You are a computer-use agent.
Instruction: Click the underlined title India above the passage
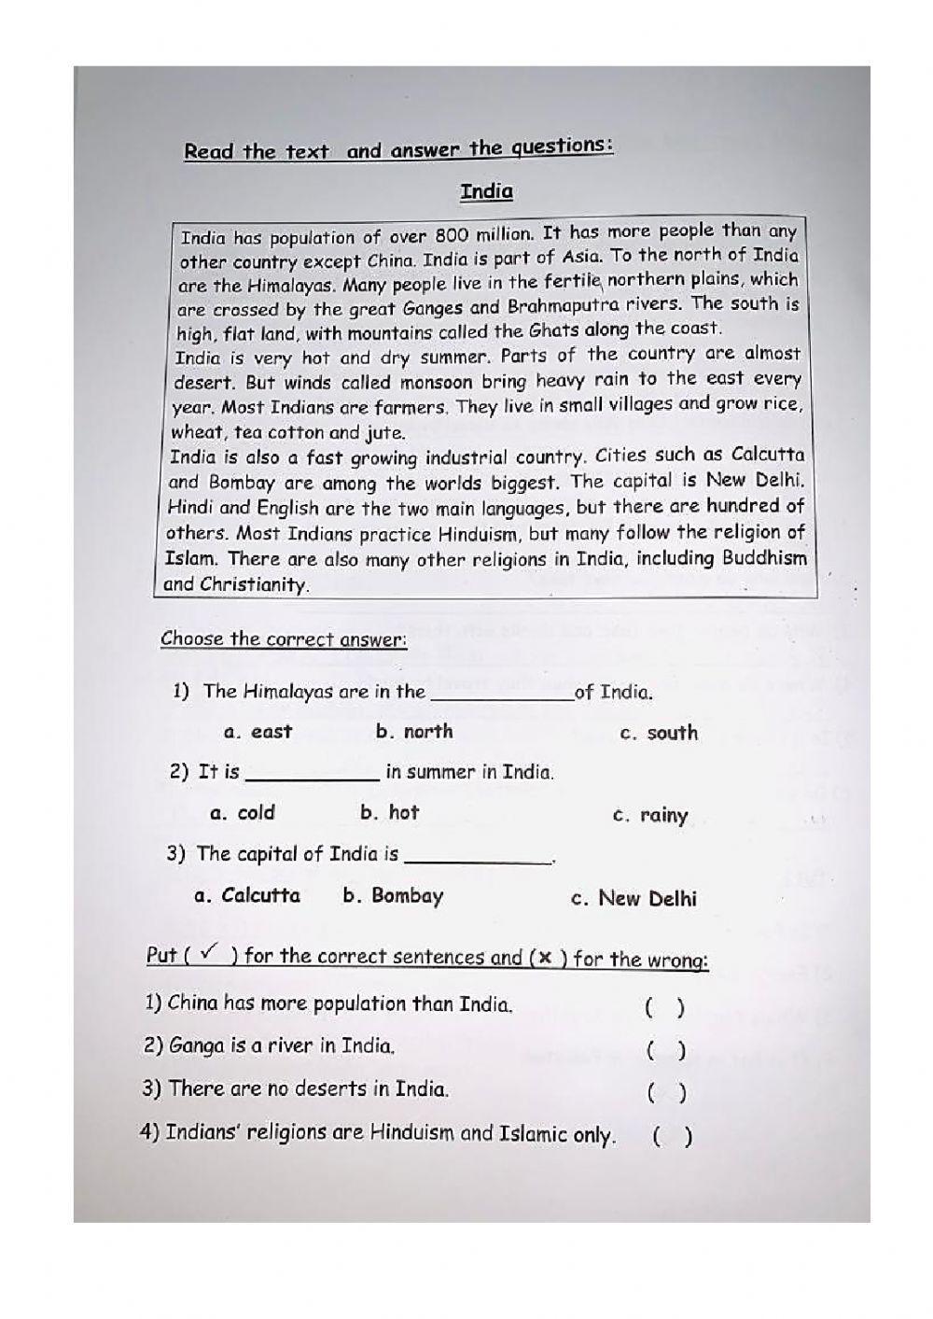point(486,191)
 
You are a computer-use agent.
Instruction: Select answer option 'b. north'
point(414,732)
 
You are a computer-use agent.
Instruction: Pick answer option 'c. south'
point(659,734)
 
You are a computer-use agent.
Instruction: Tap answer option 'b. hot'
point(390,812)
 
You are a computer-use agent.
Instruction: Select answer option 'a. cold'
point(243,812)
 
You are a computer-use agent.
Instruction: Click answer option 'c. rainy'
point(650,815)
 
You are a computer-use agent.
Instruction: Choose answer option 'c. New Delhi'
point(634,899)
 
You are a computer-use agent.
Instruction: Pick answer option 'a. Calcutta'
point(247,896)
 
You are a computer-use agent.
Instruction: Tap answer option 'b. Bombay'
point(393,896)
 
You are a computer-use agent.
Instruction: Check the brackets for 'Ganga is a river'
point(666,1051)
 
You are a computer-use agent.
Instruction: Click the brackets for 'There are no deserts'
point(667,1093)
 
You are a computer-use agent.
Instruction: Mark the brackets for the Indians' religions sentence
point(672,1137)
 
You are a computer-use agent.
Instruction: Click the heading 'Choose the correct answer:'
point(284,639)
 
